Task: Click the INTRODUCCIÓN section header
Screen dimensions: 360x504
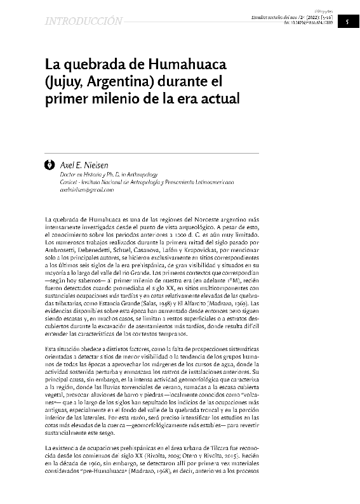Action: (83, 22)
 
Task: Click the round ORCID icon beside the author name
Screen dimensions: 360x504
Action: (50, 164)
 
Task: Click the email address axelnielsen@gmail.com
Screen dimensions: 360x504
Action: (86, 190)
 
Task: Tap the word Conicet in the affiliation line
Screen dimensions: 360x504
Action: (69, 182)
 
